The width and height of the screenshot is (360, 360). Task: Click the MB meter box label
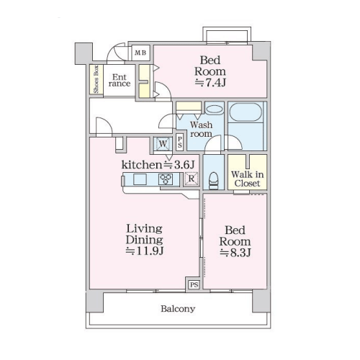[140, 53]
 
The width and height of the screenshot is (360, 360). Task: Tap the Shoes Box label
[96, 79]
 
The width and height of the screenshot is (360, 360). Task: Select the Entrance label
[120, 81]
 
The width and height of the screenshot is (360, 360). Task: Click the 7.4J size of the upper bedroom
[210, 83]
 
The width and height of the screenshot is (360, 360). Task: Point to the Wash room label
[201, 129]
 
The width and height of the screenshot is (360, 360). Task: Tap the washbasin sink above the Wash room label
[215, 109]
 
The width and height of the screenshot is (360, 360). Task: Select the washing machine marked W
[163, 144]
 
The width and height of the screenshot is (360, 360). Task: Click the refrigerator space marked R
[192, 179]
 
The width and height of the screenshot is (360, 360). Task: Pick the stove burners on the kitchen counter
[166, 179]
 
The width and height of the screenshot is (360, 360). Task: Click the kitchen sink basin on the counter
[140, 179]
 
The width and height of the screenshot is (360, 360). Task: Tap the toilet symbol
[214, 181]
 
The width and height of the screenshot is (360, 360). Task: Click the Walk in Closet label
[247, 179]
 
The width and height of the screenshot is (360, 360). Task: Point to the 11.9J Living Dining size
[145, 251]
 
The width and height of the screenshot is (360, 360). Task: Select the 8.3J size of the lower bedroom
[235, 253]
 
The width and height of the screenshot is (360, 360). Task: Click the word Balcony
[178, 309]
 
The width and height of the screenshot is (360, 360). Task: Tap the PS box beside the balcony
[194, 284]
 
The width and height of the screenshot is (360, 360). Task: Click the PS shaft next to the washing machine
[180, 142]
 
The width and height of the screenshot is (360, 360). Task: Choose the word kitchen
[142, 165]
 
